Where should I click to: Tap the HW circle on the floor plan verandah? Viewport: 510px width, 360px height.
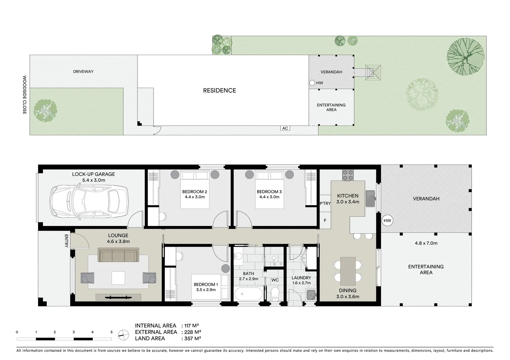point(387,220)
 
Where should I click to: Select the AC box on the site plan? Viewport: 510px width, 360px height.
point(285,128)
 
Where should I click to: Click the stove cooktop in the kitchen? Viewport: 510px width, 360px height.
point(348,175)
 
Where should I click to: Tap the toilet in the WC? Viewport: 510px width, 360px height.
point(275,294)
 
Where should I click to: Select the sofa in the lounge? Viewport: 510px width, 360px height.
point(118,255)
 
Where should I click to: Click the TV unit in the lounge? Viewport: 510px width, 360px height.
point(118,297)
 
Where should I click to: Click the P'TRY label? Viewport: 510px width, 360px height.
point(325,203)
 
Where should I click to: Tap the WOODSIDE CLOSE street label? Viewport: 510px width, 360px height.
point(24,95)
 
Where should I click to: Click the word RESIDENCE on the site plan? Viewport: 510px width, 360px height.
point(219,90)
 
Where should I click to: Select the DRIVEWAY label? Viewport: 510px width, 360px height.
point(83,71)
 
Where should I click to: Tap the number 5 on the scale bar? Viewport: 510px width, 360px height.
point(111,332)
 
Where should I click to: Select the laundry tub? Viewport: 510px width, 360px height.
point(311,295)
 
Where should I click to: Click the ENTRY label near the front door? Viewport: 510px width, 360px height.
point(66,241)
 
